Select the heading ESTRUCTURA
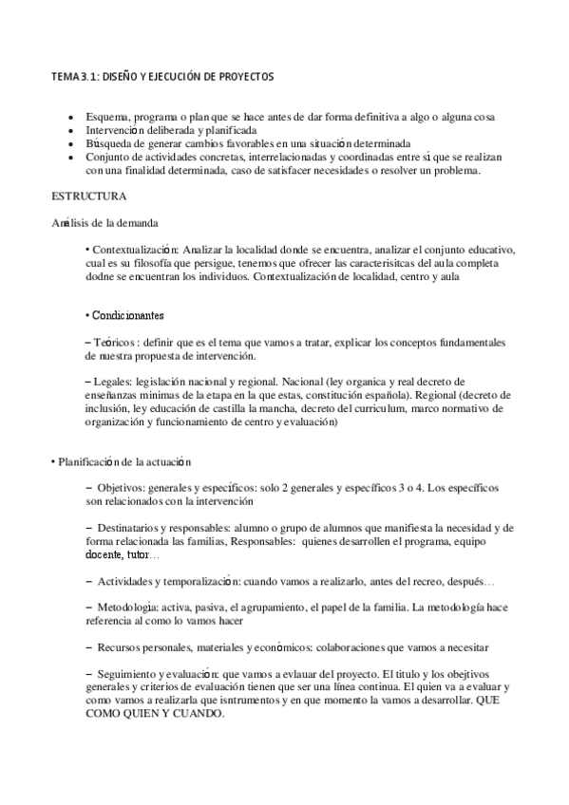[x=91, y=196]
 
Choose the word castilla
[x=235, y=408]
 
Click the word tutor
[x=138, y=554]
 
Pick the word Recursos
[x=123, y=646]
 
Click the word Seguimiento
[x=131, y=672]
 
